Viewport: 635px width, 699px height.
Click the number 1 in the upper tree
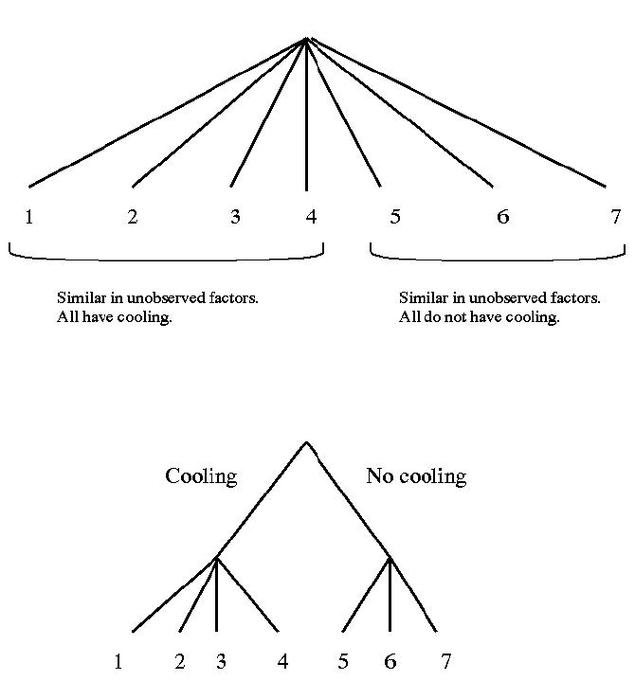pyautogui.click(x=29, y=217)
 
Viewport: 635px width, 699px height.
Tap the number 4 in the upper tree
pyautogui.click(x=311, y=217)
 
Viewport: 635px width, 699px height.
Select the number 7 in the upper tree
pyautogui.click(x=615, y=217)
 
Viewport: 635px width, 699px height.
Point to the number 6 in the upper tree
pyautogui.click(x=502, y=217)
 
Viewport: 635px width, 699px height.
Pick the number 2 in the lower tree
pyautogui.click(x=180, y=661)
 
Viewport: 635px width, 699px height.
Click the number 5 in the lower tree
pyautogui.click(x=343, y=661)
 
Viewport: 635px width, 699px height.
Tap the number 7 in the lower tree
pyautogui.click(x=445, y=661)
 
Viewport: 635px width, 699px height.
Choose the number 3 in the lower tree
pyautogui.click(x=221, y=661)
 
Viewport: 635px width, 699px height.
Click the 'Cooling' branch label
pyautogui.click(x=201, y=475)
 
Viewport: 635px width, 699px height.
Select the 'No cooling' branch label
pyautogui.click(x=416, y=475)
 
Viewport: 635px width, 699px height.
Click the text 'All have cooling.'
pyautogui.click(x=115, y=317)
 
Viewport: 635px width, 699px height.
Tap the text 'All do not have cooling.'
pyautogui.click(x=479, y=317)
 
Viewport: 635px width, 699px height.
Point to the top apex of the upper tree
pyautogui.click(x=307, y=39)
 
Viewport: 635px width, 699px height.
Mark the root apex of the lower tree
pyautogui.click(x=306, y=441)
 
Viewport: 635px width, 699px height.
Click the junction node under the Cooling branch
pyautogui.click(x=216, y=557)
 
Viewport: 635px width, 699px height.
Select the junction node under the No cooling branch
pyautogui.click(x=390, y=557)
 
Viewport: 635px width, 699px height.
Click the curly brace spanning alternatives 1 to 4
pyautogui.click(x=166, y=257)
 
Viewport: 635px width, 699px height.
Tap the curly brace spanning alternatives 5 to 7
pyautogui.click(x=497, y=257)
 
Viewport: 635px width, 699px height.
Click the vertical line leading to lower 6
pyautogui.click(x=390, y=597)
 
